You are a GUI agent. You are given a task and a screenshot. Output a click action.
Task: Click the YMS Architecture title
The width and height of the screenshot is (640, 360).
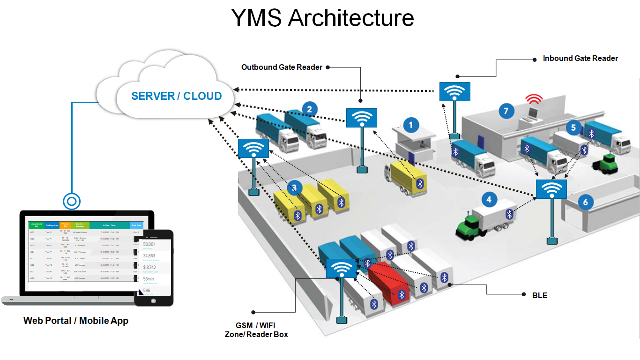pyautogui.click(x=322, y=18)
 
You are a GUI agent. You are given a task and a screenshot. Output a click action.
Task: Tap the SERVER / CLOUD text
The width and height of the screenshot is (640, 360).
pyautogui.click(x=176, y=96)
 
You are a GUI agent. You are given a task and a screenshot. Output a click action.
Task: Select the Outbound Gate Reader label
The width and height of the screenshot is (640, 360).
pyautogui.click(x=282, y=67)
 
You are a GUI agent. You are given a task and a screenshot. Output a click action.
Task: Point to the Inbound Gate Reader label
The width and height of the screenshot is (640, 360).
pyautogui.click(x=580, y=59)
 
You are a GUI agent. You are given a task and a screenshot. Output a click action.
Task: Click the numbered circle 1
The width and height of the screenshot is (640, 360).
pyautogui.click(x=411, y=125)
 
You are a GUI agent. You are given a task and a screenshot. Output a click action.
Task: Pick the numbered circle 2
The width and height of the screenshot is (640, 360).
pyautogui.click(x=309, y=109)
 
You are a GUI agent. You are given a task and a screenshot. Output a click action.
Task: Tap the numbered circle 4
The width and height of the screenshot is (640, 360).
pyautogui.click(x=489, y=200)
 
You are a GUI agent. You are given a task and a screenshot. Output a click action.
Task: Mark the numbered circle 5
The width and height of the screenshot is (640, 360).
pyautogui.click(x=573, y=127)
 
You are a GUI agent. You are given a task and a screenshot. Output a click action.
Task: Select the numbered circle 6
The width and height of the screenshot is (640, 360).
pyautogui.click(x=585, y=202)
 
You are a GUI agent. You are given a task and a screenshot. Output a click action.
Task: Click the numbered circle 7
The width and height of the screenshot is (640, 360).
pyautogui.click(x=506, y=111)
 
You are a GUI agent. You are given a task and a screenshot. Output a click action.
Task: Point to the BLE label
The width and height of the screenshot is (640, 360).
pyautogui.click(x=539, y=295)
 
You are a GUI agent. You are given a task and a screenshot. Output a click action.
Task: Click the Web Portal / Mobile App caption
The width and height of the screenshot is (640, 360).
pyautogui.click(x=76, y=321)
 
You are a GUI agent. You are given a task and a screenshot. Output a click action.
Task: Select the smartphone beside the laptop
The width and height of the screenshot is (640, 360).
pyautogui.click(x=154, y=268)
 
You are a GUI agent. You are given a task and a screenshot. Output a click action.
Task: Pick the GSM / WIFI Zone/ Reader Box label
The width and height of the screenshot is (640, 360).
pyautogui.click(x=256, y=330)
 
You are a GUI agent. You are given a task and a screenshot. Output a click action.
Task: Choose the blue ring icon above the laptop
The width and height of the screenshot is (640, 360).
pyautogui.click(x=71, y=202)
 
